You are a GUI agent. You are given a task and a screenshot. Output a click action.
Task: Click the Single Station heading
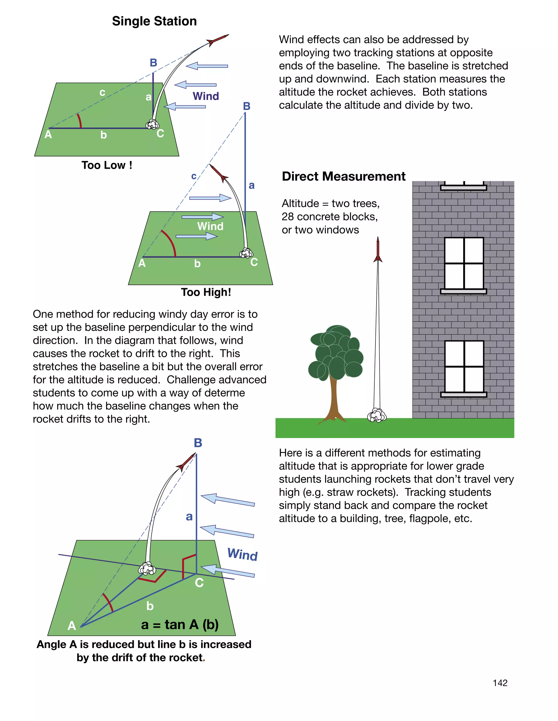(154, 21)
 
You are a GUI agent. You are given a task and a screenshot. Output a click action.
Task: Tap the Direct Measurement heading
(344, 176)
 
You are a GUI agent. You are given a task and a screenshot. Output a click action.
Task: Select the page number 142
(500, 683)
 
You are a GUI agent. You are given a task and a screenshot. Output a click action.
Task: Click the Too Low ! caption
(107, 165)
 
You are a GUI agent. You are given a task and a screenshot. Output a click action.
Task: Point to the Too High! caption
(206, 292)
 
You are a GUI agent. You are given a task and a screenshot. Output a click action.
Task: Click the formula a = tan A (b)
(180, 625)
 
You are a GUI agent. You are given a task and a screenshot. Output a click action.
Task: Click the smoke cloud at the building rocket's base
(377, 415)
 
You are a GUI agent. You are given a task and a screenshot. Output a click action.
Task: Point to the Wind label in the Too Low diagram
(206, 96)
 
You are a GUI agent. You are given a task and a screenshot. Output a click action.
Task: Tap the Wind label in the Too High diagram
(210, 226)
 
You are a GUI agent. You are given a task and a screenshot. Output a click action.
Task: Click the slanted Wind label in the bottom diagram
(242, 554)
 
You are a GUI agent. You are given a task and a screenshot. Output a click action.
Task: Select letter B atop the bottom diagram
(198, 443)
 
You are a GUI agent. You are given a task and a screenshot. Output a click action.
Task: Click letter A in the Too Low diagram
(48, 135)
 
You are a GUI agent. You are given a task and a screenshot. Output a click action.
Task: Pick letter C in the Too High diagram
(254, 262)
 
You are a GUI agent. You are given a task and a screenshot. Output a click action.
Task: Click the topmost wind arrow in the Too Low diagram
(207, 66)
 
